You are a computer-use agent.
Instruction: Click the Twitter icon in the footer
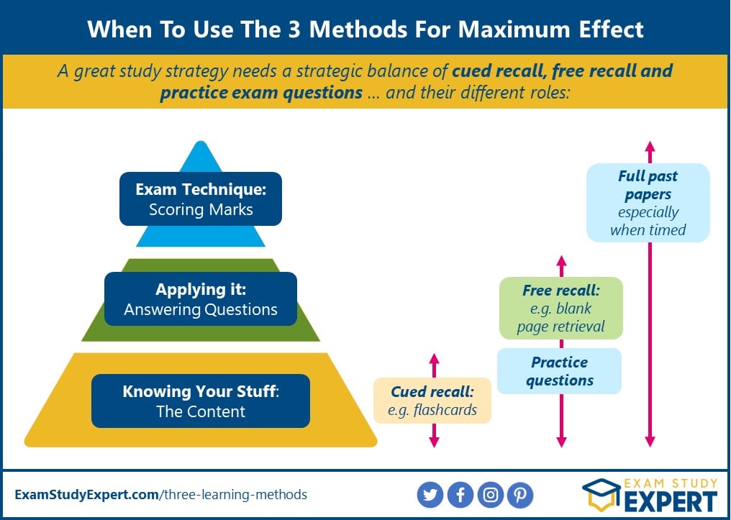pos(430,494)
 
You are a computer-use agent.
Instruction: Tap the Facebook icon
pos(460,494)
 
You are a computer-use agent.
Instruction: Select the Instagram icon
pos(491,494)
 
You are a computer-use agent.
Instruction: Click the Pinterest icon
pos(520,494)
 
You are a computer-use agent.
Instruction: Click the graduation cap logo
pos(602,495)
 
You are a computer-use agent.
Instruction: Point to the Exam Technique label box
pos(201,199)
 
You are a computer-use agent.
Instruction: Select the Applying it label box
pos(201,299)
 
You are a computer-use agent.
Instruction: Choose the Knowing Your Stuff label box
pos(201,401)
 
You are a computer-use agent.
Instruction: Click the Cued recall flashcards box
pos(432,401)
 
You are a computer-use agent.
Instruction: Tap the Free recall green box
pos(560,309)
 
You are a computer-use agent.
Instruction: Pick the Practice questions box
pos(560,371)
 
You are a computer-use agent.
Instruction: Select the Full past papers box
pos(648,203)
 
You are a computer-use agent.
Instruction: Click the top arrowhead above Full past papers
pos(650,145)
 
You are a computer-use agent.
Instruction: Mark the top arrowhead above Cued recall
pos(434,358)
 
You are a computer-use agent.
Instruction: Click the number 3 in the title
pos(293,29)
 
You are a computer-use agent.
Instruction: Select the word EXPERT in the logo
pos(671,501)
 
